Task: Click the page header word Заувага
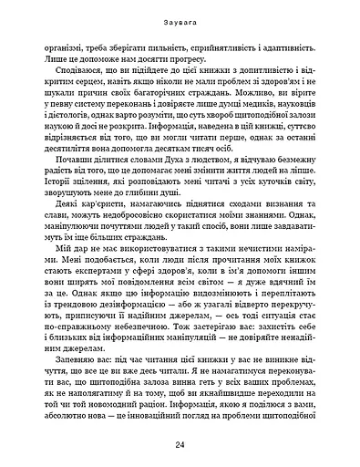[x=180, y=16]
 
